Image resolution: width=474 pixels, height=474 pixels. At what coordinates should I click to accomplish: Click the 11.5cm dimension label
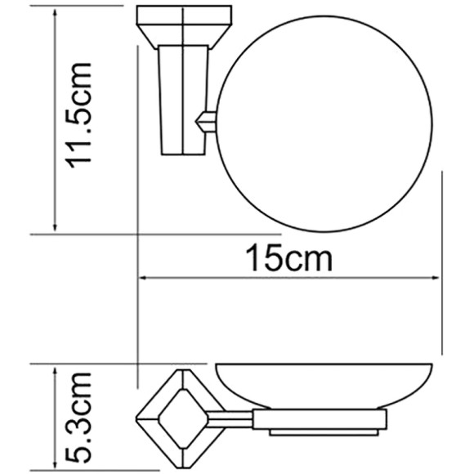coord(83,115)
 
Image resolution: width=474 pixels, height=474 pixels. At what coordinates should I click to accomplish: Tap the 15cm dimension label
coord(290,259)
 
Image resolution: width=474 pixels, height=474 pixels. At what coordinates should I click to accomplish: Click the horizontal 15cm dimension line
coord(290,279)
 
